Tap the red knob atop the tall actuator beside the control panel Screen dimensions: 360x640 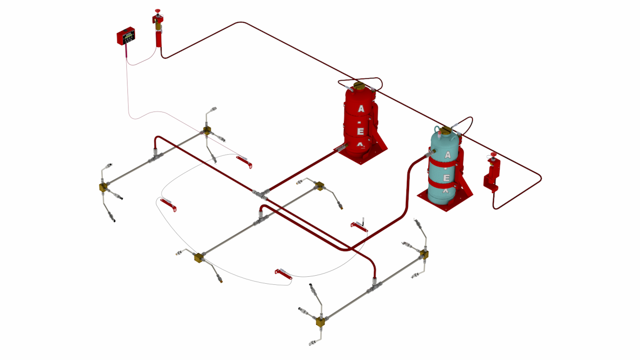pyautogui.click(x=158, y=11)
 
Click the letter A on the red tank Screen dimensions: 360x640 pyautogui.click(x=361, y=109)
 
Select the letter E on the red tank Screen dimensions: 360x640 pyautogui.click(x=361, y=131)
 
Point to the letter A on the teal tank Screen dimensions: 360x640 pyautogui.click(x=447, y=155)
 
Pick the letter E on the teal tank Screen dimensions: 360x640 pyautogui.click(x=447, y=178)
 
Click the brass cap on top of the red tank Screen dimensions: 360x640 pyautogui.click(x=359, y=85)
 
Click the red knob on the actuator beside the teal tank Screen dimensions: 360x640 pyautogui.click(x=493, y=155)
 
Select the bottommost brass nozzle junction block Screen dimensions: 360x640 pyautogui.click(x=321, y=321)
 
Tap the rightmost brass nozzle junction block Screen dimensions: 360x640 pyautogui.click(x=424, y=253)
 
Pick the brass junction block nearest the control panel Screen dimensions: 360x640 pyautogui.click(x=206, y=130)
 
